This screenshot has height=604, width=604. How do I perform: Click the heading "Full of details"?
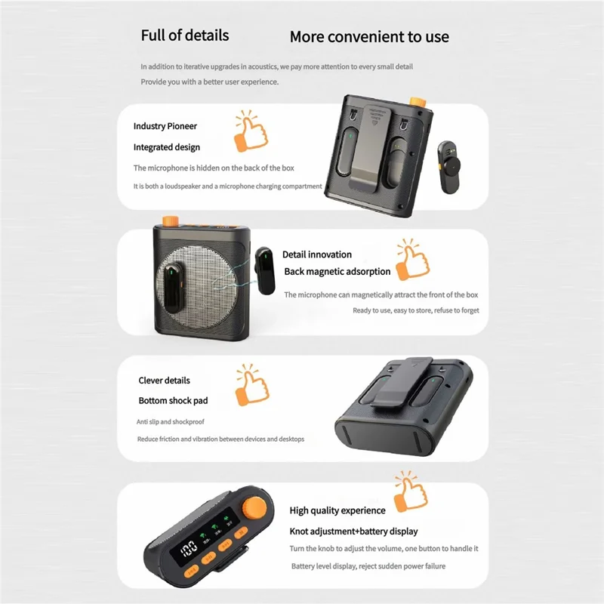(185, 35)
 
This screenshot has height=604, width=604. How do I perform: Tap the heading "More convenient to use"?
(369, 36)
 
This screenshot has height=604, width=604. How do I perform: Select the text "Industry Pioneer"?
(165, 126)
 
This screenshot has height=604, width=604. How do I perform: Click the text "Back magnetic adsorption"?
(337, 271)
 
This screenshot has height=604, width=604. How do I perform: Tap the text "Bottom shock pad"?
(173, 400)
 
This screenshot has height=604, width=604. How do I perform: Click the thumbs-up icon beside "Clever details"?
(251, 385)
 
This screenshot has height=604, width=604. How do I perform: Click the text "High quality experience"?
(337, 510)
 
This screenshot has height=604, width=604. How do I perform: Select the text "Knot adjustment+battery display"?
(353, 531)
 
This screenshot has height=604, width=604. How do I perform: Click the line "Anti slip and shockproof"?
(171, 421)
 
